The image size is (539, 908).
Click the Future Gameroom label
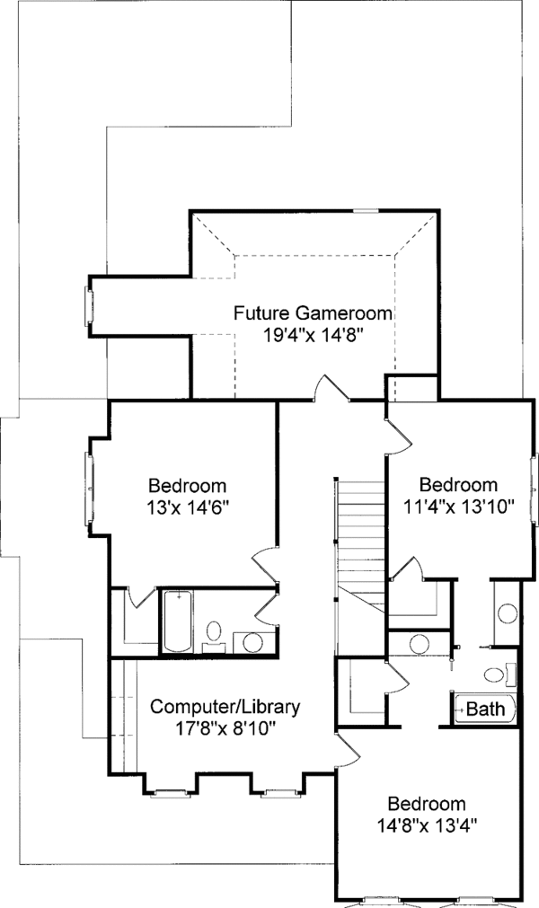tap(314, 313)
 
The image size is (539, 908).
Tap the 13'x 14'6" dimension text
tap(188, 506)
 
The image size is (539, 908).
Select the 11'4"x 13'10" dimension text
tap(458, 506)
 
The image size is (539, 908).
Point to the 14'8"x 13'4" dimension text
tap(427, 824)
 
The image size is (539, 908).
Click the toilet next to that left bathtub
tap(215, 631)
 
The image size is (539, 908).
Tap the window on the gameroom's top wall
tap(365, 211)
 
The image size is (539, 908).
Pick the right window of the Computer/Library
tap(275, 792)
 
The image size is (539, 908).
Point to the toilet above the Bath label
tap(495, 674)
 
